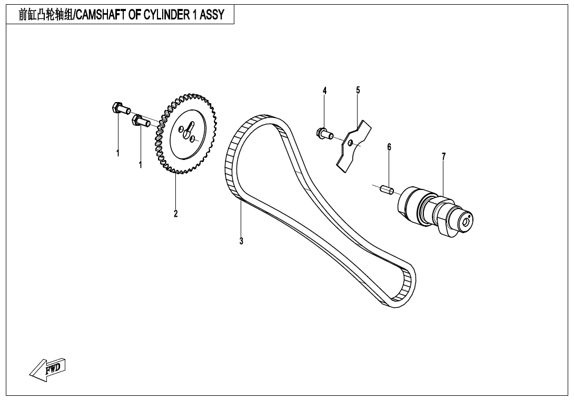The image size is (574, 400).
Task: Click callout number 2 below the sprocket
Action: coord(176,214)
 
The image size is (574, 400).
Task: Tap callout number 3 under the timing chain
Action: coord(241,242)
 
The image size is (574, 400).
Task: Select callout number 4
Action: coord(325,91)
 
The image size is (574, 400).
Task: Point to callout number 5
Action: coord(358,90)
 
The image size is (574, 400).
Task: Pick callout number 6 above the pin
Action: coord(389,147)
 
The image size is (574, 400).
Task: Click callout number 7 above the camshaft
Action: coord(443,156)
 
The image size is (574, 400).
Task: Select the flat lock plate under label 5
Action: coord(354,145)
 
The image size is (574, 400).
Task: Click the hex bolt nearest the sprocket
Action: coord(141,122)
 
